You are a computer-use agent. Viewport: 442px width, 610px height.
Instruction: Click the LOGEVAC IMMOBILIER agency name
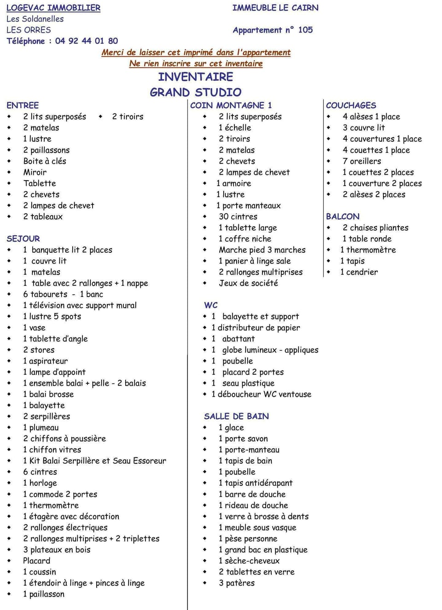coord(53,8)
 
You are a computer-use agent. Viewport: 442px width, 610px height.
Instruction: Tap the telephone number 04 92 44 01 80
coord(86,41)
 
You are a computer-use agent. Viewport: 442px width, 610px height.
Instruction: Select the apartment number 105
coord(305,30)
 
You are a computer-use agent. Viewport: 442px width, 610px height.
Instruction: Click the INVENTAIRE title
coord(196,77)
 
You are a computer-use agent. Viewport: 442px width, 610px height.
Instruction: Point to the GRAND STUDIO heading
coord(196,92)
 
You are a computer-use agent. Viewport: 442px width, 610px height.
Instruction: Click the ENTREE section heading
coord(23,105)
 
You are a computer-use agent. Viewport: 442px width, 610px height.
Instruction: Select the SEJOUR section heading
coord(23,239)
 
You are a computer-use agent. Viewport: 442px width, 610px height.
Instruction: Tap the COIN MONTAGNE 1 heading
coord(231,105)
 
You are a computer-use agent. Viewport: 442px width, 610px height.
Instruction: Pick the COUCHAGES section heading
coord(351,105)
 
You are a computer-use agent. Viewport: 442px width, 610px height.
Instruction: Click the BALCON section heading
coord(343,217)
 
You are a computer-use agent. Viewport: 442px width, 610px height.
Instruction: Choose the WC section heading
coord(211,305)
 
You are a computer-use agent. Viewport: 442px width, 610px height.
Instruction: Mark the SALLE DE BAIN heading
coord(236,416)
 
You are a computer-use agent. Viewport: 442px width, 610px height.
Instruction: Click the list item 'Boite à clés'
coord(45,161)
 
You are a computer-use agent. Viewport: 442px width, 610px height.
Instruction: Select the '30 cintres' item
coord(238,217)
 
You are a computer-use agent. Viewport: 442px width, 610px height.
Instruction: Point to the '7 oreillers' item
coord(361,161)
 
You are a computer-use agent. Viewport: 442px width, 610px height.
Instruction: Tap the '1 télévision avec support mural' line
coord(80,305)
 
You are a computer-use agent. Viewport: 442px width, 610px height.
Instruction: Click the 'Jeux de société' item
coord(248,283)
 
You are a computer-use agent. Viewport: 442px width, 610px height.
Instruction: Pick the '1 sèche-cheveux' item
coord(249,561)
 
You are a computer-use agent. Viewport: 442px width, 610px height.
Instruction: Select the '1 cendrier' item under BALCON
coord(359,272)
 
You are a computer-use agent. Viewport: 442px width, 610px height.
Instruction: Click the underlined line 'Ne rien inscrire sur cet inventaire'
coord(196,63)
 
